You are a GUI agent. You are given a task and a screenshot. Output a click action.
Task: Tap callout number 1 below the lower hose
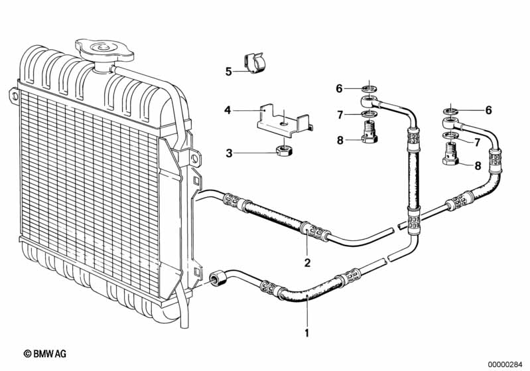(306, 332)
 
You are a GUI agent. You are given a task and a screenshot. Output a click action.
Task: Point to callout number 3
(229, 153)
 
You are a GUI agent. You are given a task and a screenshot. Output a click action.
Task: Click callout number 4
(228, 110)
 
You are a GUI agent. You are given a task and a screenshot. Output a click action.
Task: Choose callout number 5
(228, 72)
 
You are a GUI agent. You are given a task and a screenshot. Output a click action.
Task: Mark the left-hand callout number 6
(339, 89)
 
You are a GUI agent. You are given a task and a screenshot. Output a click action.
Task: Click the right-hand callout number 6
(489, 110)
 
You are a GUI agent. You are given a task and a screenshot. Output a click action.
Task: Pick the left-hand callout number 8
(339, 140)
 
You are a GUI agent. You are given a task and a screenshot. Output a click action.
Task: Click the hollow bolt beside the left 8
(369, 133)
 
